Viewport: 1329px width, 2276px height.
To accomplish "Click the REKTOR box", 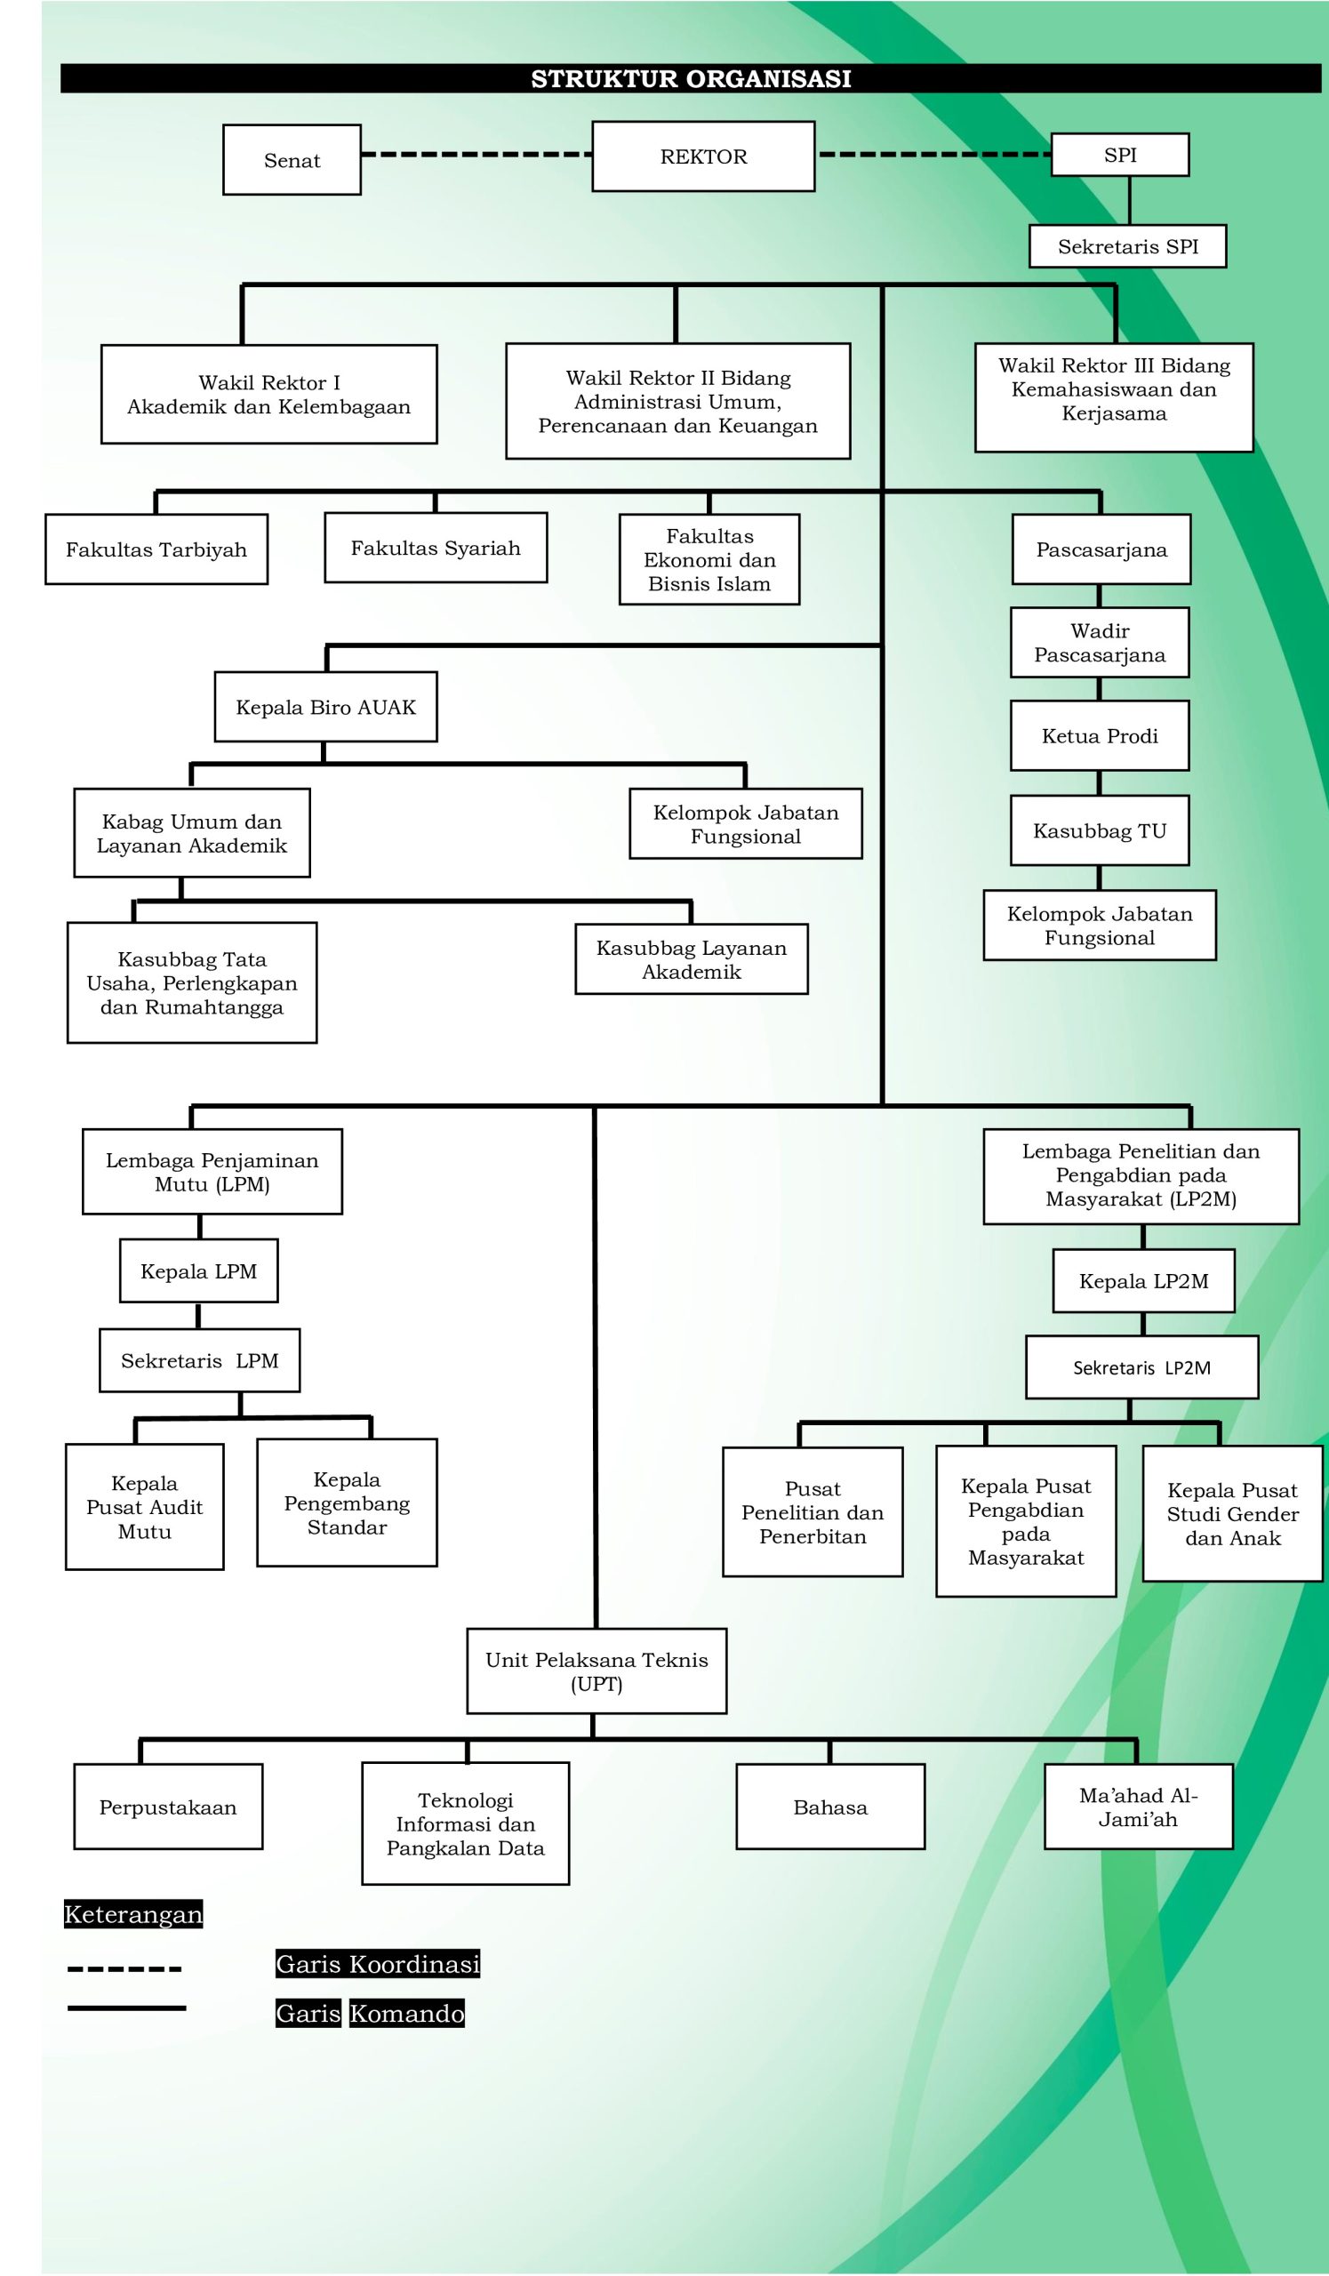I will click(703, 156).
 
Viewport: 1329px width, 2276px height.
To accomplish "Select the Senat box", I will click(292, 160).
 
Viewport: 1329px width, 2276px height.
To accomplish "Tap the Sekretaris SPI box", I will click(1128, 246).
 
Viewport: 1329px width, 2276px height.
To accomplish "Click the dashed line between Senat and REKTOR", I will click(476, 155).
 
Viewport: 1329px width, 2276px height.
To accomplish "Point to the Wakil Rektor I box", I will click(269, 395).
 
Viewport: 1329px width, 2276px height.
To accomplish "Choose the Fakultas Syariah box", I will click(436, 549).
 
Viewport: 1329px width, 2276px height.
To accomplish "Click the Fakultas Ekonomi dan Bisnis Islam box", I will click(709, 560).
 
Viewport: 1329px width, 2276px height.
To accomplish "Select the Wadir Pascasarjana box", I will click(1100, 643).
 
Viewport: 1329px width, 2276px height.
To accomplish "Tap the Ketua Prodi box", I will click(1100, 736).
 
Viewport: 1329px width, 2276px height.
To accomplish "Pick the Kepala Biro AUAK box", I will click(326, 707).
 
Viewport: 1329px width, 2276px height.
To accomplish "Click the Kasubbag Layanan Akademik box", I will click(692, 960).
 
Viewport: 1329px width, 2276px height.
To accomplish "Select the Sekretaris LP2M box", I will click(1141, 1367).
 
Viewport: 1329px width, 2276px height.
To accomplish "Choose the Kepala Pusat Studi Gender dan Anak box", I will click(1232, 1515).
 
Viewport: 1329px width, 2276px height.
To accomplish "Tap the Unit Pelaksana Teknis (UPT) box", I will click(596, 1671).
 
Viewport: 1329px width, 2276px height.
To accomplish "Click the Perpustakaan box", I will click(168, 1807).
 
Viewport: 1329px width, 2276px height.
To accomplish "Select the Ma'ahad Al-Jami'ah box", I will click(1139, 1807).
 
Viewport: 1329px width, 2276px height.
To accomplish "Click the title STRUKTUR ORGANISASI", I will click(691, 78).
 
